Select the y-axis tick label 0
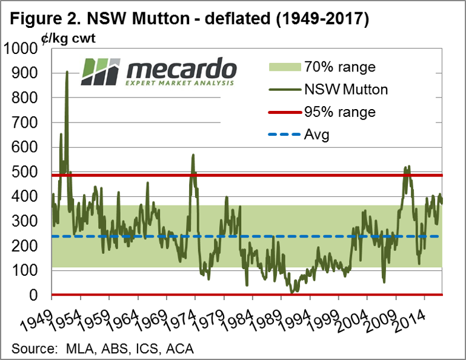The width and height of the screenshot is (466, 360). click(39, 295)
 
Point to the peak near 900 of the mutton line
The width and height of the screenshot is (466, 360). click(67, 72)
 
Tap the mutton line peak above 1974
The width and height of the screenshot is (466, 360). click(193, 155)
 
